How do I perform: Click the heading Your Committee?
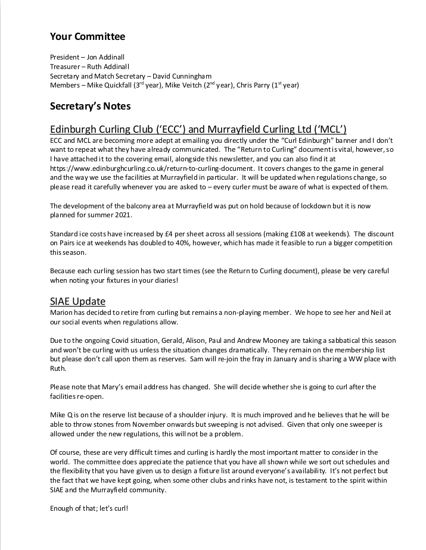(88, 37)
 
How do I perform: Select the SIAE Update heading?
(77, 302)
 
